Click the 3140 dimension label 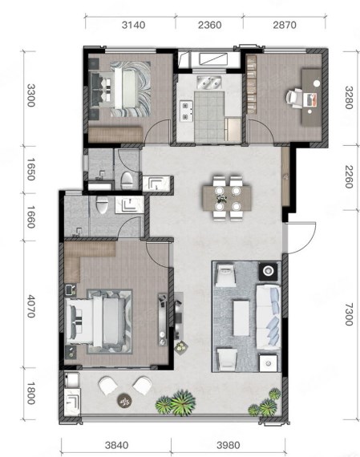(134, 25)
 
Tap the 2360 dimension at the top (210, 25)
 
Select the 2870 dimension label (285, 25)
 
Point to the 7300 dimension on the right (349, 314)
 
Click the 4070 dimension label (31, 306)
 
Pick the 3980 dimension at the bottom (229, 445)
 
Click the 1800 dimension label (31, 394)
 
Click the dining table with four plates (228, 198)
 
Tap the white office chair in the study (294, 99)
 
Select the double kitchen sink (209, 83)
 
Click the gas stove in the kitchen (186, 111)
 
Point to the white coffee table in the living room (241, 318)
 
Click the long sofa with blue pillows (268, 317)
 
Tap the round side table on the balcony (124, 401)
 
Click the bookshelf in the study (251, 84)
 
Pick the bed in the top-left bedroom (121, 89)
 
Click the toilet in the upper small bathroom (127, 180)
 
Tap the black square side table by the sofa (268, 271)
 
